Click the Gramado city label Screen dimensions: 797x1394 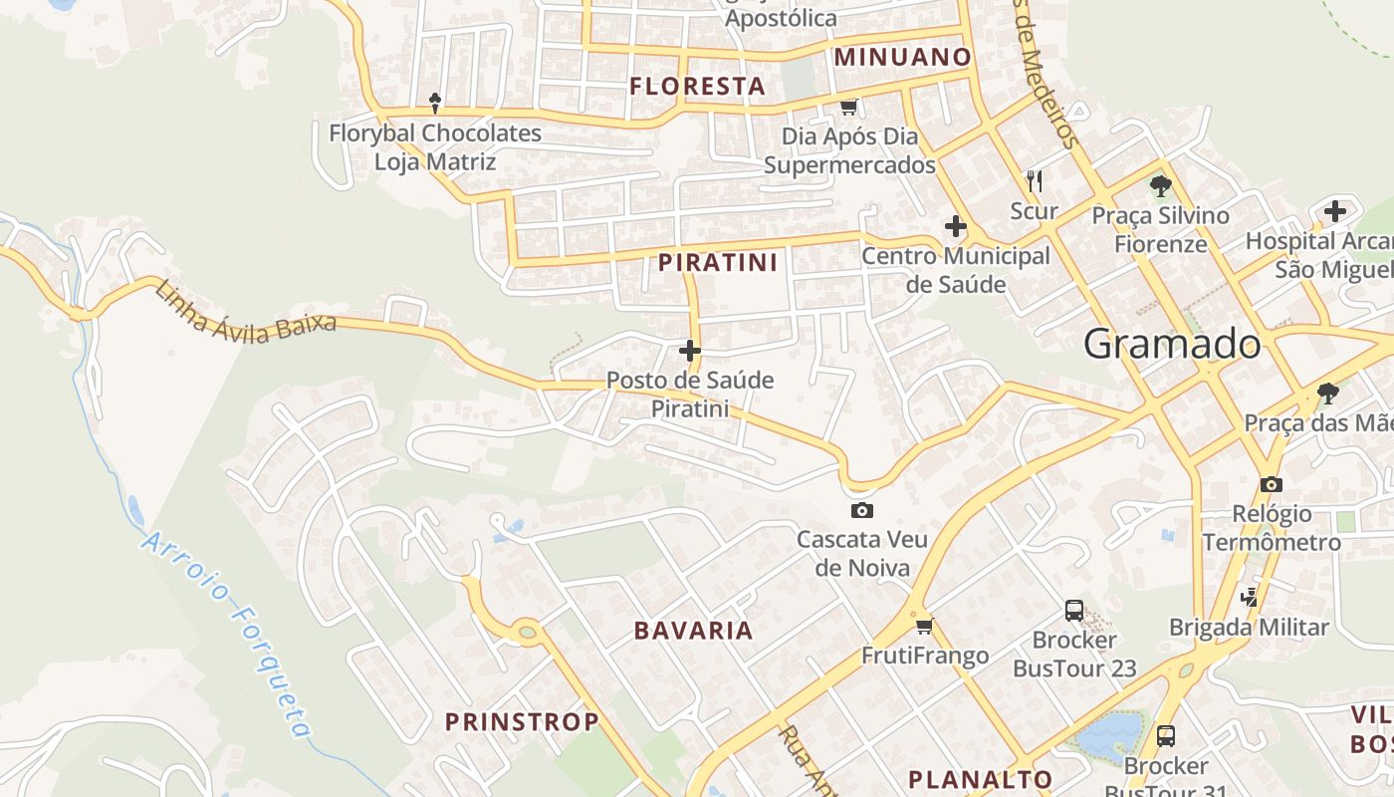[x=1172, y=344]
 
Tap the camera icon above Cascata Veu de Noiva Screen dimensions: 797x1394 [x=862, y=511]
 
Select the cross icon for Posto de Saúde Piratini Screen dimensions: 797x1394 [x=690, y=351]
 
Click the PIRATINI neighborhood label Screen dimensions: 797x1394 [x=718, y=263]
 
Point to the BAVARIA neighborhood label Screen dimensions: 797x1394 [x=694, y=631]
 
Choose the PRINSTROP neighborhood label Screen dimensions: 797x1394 [x=522, y=721]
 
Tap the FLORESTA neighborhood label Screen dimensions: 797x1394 [x=697, y=87]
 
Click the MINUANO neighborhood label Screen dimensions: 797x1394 [x=902, y=57]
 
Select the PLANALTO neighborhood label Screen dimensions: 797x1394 [x=980, y=779]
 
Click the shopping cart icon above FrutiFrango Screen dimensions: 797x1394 [x=925, y=626]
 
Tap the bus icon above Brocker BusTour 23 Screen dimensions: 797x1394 [x=1073, y=610]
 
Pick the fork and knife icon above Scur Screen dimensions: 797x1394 [x=1035, y=180]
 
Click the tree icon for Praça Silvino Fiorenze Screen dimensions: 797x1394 [x=1160, y=185]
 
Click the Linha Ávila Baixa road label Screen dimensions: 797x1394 [x=245, y=313]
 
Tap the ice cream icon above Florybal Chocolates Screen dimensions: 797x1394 [x=435, y=102]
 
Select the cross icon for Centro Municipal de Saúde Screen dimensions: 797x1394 [x=956, y=226]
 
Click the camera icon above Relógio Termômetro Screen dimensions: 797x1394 [x=1271, y=484]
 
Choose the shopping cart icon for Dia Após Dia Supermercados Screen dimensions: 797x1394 [x=848, y=107]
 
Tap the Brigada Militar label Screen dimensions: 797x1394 [x=1249, y=627]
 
